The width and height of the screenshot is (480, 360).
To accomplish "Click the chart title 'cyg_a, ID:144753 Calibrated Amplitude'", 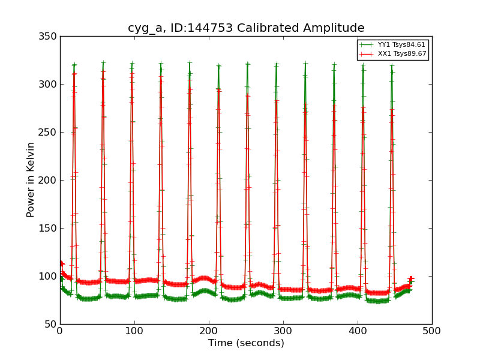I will coord(246,28).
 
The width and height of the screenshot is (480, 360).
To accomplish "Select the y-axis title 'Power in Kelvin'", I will coord(31,180).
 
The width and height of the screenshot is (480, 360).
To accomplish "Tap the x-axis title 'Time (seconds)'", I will coord(246,343).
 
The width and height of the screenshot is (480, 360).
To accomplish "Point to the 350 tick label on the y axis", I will coord(50,37).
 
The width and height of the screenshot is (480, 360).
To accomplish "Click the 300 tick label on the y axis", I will coord(50,85).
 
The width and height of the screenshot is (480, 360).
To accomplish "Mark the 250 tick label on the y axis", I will coord(50,133).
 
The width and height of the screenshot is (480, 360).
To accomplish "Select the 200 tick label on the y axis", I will coord(50,181).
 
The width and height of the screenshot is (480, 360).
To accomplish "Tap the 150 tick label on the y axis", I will coord(50,229).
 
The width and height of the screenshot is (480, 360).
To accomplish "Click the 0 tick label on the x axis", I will coord(60,331).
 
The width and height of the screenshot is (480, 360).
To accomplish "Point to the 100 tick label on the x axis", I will coord(134,331).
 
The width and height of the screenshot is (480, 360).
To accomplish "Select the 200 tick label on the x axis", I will coord(209,331).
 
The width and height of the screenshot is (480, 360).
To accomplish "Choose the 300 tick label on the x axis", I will coord(283,331).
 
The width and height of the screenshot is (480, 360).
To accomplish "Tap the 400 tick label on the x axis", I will coord(358,331).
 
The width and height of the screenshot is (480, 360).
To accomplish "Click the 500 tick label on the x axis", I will coord(432,331).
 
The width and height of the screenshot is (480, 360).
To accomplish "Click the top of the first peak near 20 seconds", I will coord(74,64).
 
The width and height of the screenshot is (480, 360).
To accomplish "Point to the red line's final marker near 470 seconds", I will coord(411,278).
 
